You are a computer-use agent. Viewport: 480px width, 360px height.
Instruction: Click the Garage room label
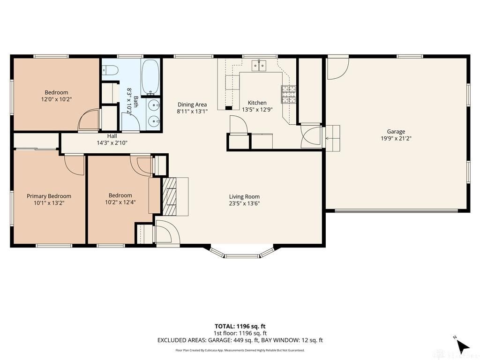[x=396, y=132]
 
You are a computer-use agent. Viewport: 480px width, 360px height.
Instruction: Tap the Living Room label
[x=244, y=196]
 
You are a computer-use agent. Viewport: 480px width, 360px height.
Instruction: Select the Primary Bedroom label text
[x=49, y=196]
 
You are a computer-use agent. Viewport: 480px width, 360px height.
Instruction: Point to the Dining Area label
[x=192, y=105]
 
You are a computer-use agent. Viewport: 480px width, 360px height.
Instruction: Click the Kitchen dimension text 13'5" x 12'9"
[x=257, y=109]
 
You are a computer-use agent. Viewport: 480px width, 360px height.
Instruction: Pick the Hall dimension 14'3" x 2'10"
[x=112, y=142]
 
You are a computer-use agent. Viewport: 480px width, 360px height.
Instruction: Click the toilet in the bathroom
[x=110, y=70]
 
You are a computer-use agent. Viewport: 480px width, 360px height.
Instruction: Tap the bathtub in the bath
[x=150, y=76]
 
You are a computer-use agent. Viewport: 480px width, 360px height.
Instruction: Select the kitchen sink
[x=259, y=66]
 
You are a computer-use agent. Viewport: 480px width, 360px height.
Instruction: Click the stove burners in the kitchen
[x=289, y=94]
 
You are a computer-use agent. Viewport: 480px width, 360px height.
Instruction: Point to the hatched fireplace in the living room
[x=169, y=196]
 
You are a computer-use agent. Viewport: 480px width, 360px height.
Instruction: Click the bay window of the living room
[x=242, y=252]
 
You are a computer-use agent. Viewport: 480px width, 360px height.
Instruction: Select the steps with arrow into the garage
[x=332, y=138]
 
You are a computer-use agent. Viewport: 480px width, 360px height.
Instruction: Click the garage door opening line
[x=397, y=210]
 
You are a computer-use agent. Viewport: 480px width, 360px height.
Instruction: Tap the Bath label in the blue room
[x=135, y=102]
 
